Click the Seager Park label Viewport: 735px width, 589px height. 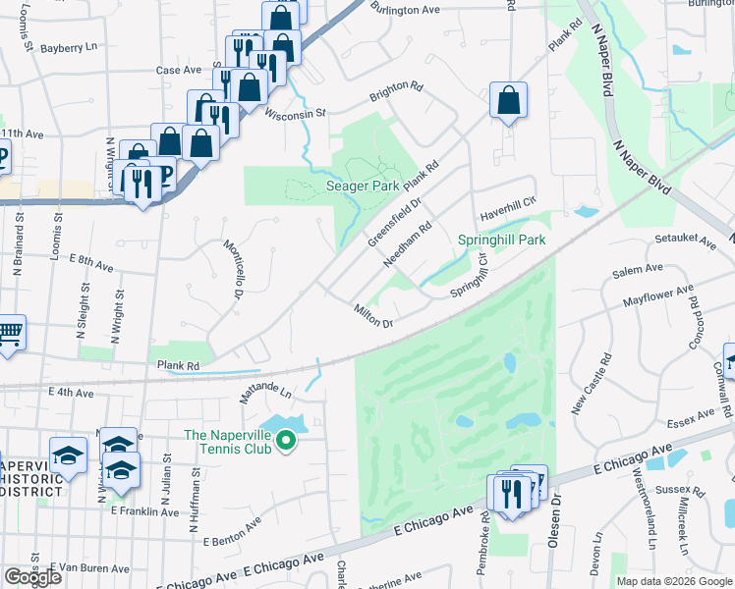point(362,186)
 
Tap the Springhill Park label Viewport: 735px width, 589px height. point(501,240)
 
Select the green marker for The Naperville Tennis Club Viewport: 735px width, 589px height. point(286,442)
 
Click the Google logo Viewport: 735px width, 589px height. point(32,577)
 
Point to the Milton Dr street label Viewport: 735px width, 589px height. point(373,316)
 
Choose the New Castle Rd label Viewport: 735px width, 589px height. point(591,383)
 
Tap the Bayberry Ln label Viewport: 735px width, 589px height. point(71,46)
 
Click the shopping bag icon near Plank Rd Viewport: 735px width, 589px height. point(508,100)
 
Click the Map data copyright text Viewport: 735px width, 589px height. point(673,581)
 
